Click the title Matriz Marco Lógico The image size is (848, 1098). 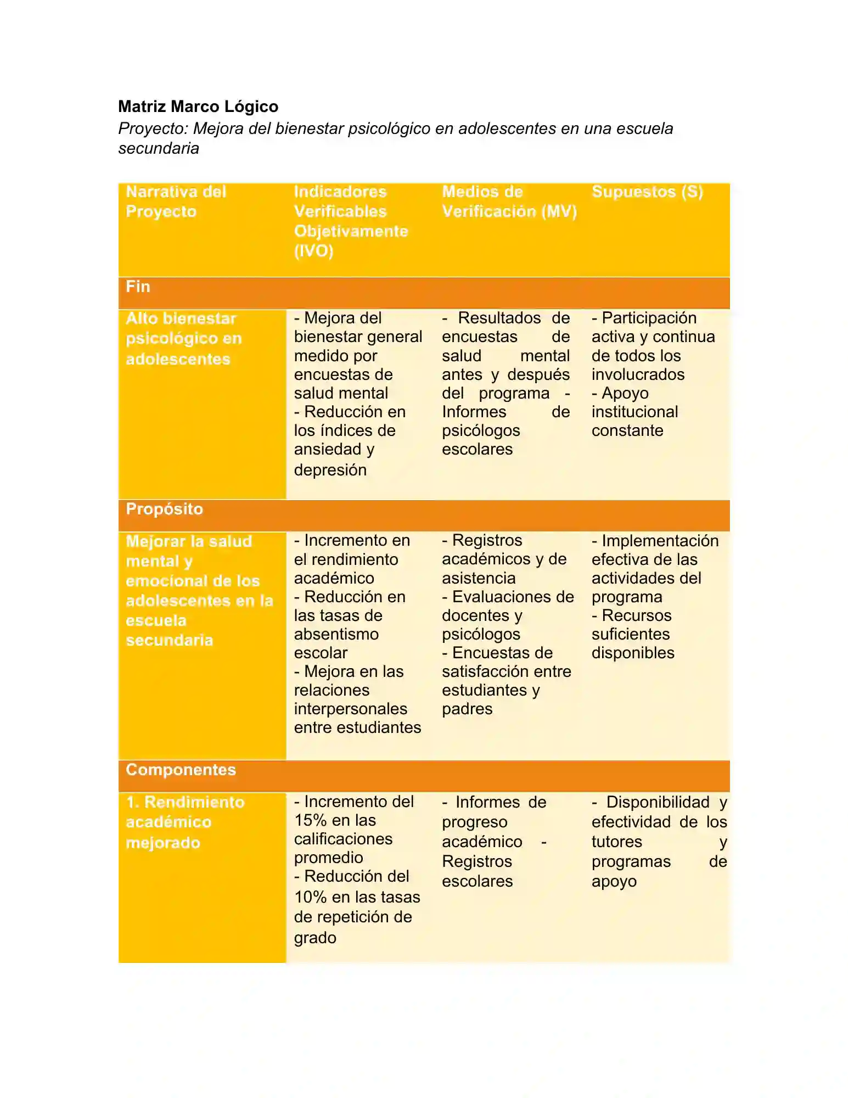[x=198, y=107]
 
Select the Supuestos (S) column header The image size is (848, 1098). [x=647, y=192]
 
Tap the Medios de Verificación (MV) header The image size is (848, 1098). [x=509, y=201]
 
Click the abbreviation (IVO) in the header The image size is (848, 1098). [x=313, y=251]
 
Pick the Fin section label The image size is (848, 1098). [x=138, y=287]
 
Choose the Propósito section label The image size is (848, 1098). [x=164, y=509]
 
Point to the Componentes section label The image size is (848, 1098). [x=181, y=770]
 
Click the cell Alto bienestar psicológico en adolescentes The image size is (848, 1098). [x=183, y=338]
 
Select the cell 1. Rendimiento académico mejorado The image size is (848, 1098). [x=185, y=822]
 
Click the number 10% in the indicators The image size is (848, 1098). [x=310, y=897]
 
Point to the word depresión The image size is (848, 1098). [x=330, y=470]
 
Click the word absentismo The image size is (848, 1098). [x=336, y=634]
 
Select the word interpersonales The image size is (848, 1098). [x=350, y=709]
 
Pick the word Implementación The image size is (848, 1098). [x=660, y=541]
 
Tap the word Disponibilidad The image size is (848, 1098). [x=658, y=802]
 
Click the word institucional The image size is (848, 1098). [x=634, y=412]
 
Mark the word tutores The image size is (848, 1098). [x=616, y=842]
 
